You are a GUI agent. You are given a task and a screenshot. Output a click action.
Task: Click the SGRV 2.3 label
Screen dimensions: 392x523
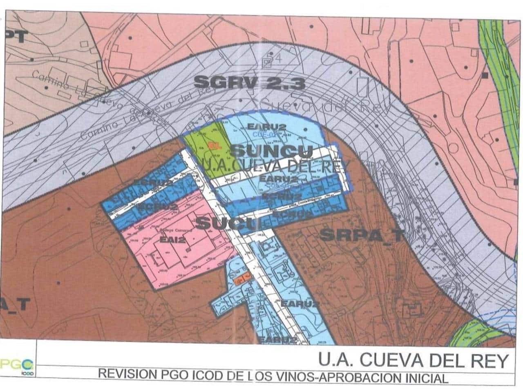coord(249,83)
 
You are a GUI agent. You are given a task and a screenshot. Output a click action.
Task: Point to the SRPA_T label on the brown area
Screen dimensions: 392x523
coord(362,235)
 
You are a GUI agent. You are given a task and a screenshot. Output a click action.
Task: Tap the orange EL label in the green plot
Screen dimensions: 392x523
coord(213,145)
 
